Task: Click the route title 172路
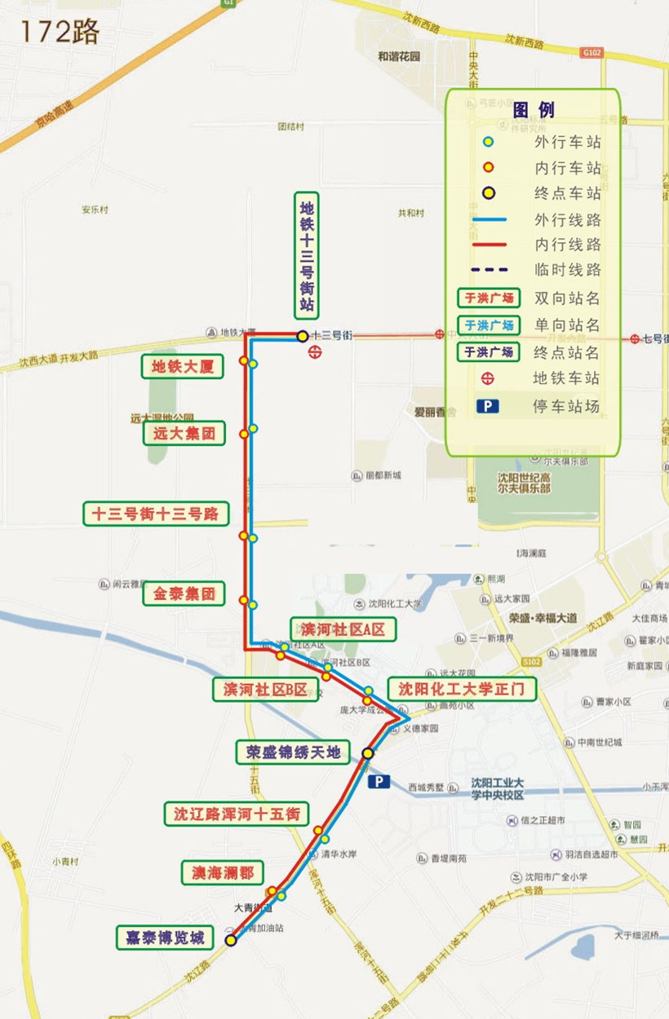(x=59, y=31)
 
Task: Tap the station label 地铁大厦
(x=183, y=367)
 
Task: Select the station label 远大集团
(x=184, y=434)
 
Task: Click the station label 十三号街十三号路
(x=156, y=514)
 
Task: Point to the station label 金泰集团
(x=184, y=594)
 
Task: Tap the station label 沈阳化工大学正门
(x=462, y=690)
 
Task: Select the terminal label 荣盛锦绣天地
(x=292, y=752)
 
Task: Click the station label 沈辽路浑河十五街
(x=237, y=813)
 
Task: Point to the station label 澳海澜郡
(x=222, y=873)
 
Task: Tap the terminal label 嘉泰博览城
(x=164, y=937)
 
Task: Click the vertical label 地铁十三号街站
(x=307, y=256)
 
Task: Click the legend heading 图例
(x=534, y=111)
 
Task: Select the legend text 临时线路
(x=567, y=270)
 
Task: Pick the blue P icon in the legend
(x=488, y=405)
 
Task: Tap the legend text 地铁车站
(x=567, y=378)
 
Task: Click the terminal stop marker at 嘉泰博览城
(x=231, y=941)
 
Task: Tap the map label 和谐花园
(x=399, y=57)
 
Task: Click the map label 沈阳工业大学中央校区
(x=497, y=789)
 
